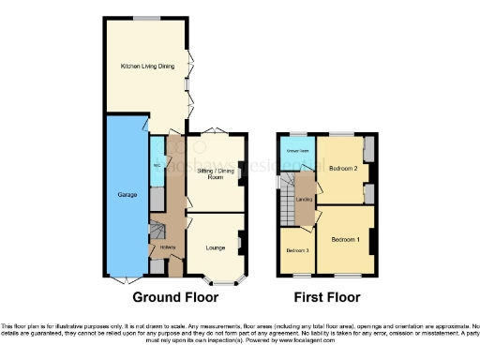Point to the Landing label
click(x=304, y=199)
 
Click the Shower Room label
click(x=298, y=151)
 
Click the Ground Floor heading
click(x=175, y=297)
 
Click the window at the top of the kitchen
click(x=144, y=17)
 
